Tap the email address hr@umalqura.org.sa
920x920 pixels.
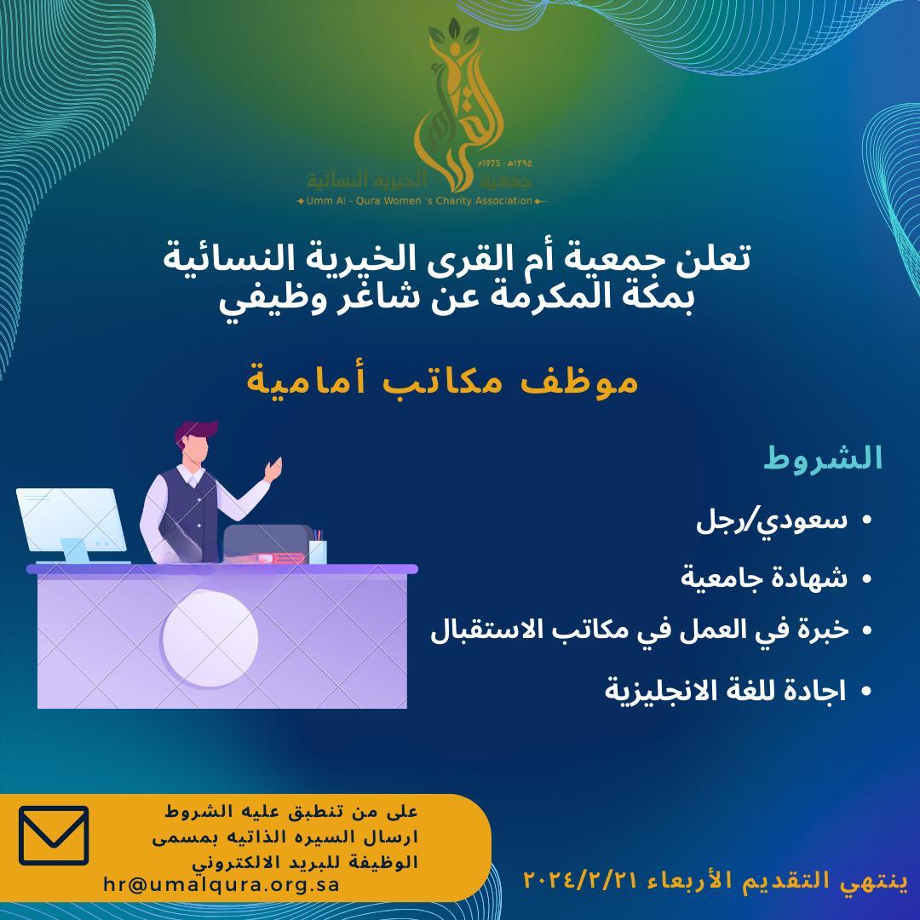(x=221, y=883)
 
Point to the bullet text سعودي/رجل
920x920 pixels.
(x=773, y=520)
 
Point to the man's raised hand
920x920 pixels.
(x=274, y=468)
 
